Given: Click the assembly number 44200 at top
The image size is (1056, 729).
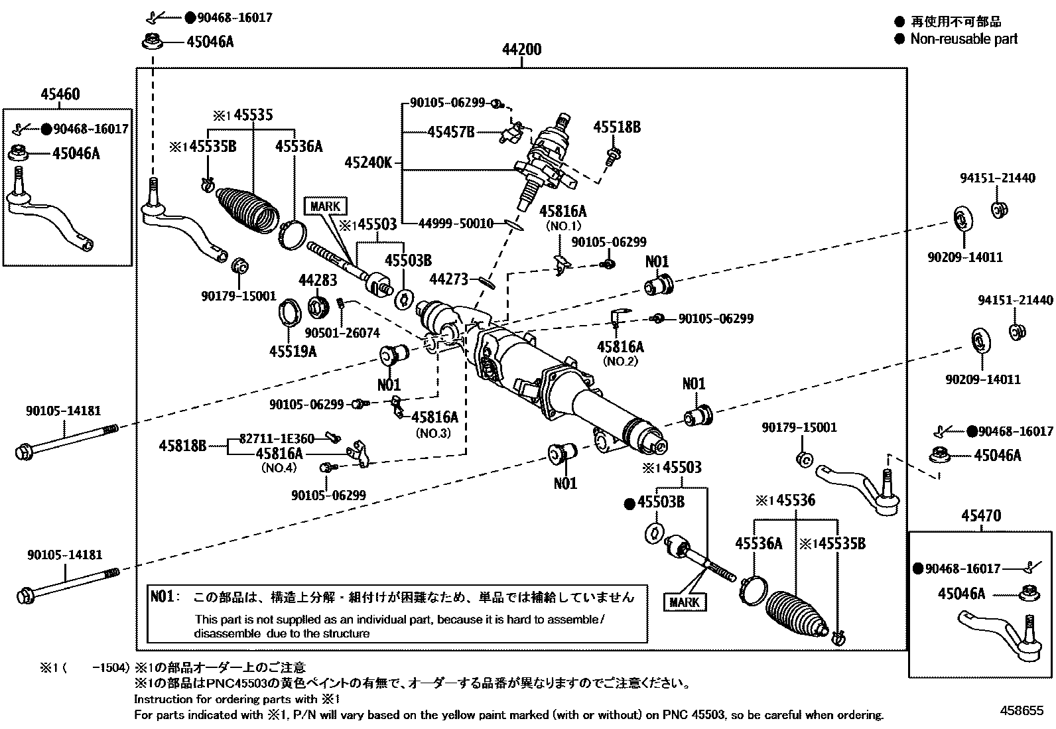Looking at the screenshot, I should point(521,50).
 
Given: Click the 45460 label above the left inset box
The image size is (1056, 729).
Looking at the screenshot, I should point(60,94).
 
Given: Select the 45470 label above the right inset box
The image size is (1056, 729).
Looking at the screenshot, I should point(981,515).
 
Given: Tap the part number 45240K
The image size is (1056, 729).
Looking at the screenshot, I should point(368,163).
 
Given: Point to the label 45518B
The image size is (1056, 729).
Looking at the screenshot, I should point(616,127).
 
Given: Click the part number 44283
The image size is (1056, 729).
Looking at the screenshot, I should point(318,281).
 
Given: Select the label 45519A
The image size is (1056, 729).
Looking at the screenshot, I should point(293,351).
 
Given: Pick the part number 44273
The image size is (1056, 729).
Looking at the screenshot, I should point(448,280).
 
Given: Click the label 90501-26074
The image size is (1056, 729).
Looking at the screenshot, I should point(342,332).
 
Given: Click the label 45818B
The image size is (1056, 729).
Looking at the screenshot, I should point(182,446).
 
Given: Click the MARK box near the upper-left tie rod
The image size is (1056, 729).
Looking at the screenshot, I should point(325,206).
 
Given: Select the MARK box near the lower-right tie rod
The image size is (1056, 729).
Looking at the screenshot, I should point(685,602).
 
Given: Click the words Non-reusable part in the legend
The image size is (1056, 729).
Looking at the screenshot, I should point(963,38).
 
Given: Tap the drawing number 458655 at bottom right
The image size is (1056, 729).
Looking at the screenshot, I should point(1022,710).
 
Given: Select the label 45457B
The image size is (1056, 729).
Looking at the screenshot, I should point(451,132).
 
